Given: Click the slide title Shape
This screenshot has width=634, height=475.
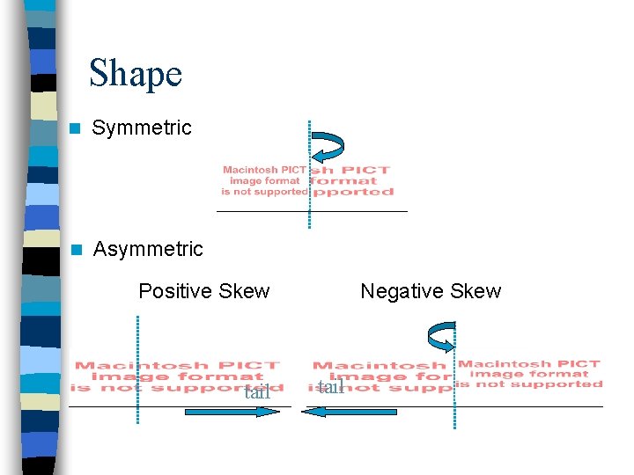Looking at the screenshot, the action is coord(136,73).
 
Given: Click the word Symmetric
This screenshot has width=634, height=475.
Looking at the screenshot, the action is coord(142,128).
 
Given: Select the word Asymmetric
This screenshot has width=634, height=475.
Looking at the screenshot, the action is coord(148,250).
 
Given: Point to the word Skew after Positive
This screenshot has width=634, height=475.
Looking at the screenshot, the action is coord(244,291).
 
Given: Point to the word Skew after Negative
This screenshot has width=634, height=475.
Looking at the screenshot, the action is coord(475,291).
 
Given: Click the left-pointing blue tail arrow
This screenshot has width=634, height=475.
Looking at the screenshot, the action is coord(349,411).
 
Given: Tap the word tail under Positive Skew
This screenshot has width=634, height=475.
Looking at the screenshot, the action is coord(257,392).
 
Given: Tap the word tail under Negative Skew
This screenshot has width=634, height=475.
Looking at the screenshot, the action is coord(330,387).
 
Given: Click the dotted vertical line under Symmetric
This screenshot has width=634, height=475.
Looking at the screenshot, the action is coord(310,176).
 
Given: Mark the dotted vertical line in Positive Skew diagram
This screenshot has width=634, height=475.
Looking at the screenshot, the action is coord(138,369).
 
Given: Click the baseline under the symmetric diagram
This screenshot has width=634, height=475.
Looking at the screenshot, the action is coord(312,211).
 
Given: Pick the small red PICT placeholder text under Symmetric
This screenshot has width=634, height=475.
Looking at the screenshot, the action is coord(264,180).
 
